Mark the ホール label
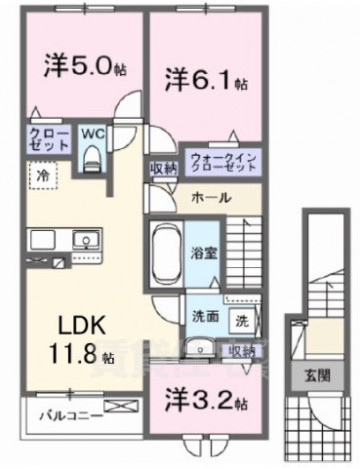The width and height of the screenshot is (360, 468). tap(211, 198)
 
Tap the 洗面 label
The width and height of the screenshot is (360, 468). tap(204, 317)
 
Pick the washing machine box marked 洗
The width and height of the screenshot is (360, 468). tap(240, 318)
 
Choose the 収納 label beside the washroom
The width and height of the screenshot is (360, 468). tap(241, 350)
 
